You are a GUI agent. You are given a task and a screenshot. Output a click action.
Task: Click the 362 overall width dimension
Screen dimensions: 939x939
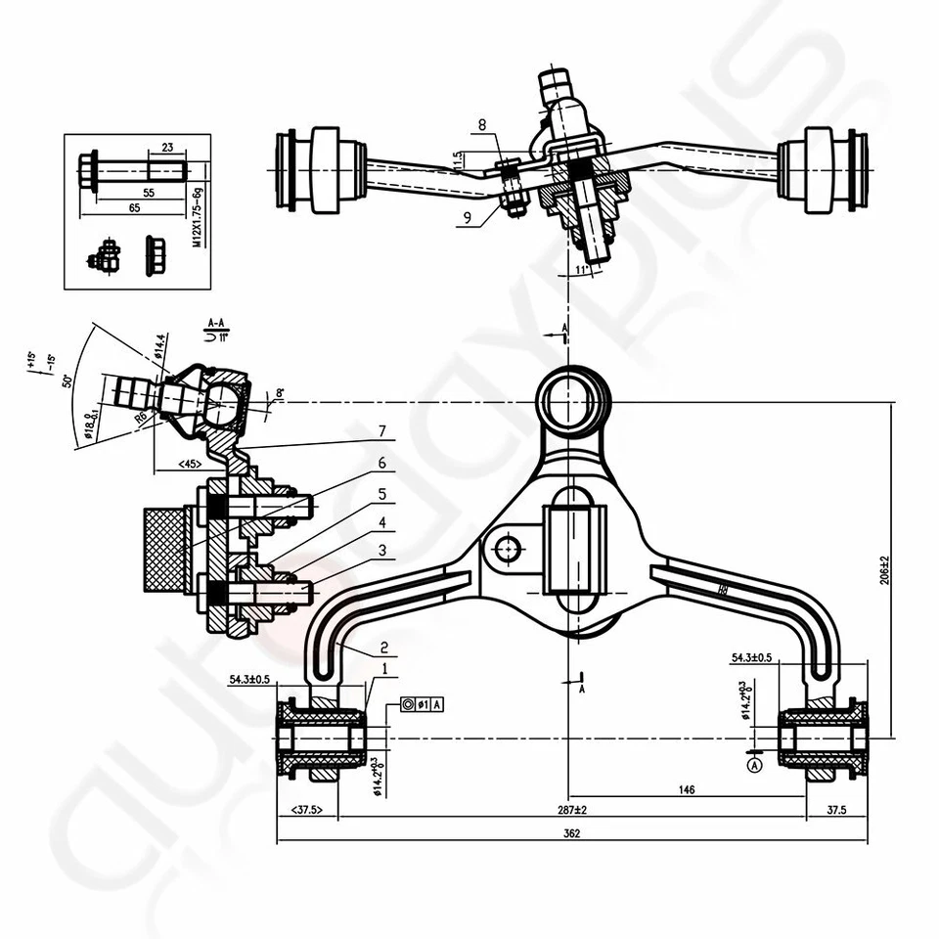tap(572, 833)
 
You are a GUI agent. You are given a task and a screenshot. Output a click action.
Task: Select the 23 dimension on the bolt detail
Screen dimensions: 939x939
tap(166, 147)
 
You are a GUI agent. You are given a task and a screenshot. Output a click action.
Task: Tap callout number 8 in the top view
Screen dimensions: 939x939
tap(480, 125)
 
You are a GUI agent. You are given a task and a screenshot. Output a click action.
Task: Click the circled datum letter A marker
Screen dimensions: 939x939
tap(753, 767)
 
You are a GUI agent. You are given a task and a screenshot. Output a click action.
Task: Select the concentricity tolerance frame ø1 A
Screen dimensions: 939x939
tap(422, 704)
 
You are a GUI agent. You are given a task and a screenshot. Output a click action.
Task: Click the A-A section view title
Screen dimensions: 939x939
tap(217, 321)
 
